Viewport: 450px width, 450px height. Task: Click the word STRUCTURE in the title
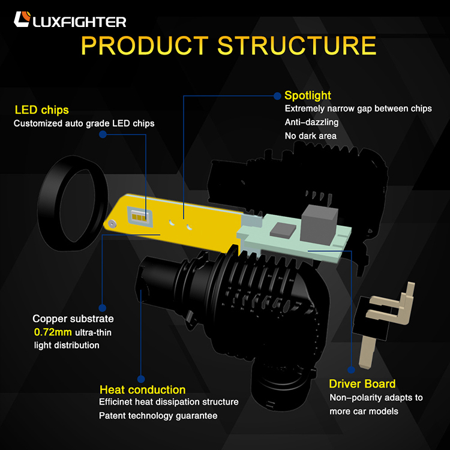pyautogui.click(x=297, y=46)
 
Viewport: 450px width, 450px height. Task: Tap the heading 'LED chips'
pyautogui.click(x=41, y=110)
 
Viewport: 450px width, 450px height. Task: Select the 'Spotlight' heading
pyautogui.click(x=307, y=95)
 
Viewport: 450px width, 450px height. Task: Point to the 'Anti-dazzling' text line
pyautogui.click(x=311, y=122)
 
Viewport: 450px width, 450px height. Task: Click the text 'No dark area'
pyautogui.click(x=310, y=136)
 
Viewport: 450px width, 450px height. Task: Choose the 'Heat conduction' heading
pyautogui.click(x=142, y=390)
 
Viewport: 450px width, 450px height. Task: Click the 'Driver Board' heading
pyautogui.click(x=362, y=384)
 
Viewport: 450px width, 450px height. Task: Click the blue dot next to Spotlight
pyautogui.click(x=277, y=95)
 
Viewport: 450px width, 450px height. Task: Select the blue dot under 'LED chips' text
pyautogui.click(x=103, y=135)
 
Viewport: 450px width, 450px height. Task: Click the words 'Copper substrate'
pyautogui.click(x=73, y=319)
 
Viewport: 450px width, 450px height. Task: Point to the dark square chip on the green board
pyautogui.click(x=283, y=229)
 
